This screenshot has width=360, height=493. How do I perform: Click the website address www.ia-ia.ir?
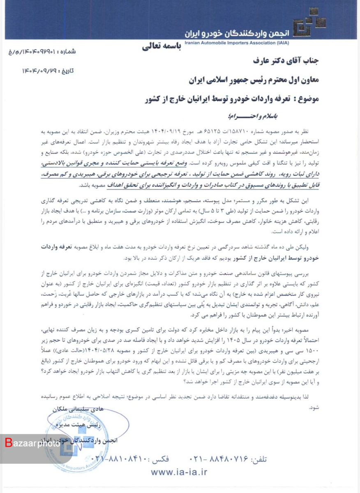point(179,472)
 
